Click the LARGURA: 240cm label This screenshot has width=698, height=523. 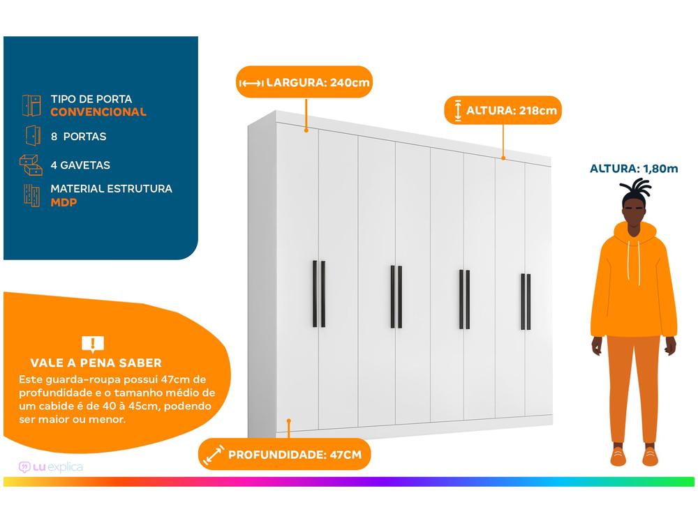click(x=318, y=83)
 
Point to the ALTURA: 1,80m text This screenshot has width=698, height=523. click(x=634, y=168)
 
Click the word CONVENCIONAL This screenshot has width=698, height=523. click(x=98, y=112)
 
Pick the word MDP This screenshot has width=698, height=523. click(x=64, y=202)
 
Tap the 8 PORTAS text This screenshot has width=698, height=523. click(x=78, y=137)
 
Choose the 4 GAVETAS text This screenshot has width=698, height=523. click(x=80, y=165)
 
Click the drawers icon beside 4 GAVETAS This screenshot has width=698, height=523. click(x=31, y=165)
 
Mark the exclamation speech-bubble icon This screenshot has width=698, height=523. click(x=92, y=343)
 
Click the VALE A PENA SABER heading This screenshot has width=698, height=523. click(x=96, y=363)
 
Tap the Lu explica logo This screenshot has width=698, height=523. click(x=51, y=467)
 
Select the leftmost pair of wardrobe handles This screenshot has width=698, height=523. click(x=318, y=294)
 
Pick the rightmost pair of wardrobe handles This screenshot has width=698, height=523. click(x=526, y=301)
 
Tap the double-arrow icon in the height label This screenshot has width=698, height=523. click(x=458, y=110)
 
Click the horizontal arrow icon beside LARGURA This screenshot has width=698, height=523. click(x=251, y=84)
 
